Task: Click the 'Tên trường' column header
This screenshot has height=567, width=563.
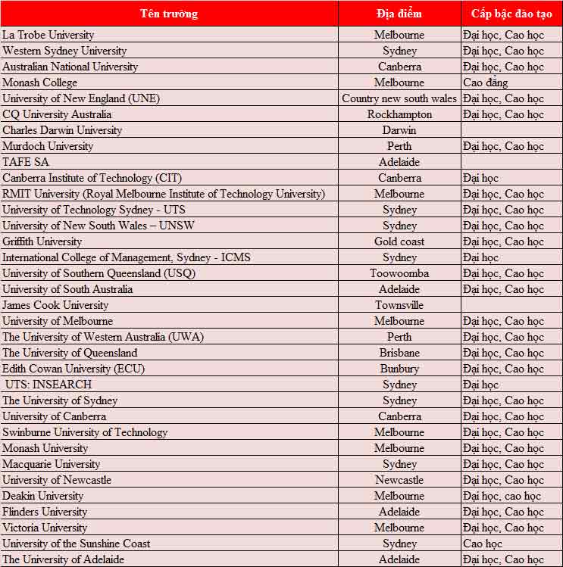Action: coord(169,14)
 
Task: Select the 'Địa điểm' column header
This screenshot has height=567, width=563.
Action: coord(399,14)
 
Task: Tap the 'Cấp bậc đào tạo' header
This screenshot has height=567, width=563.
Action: coord(511,14)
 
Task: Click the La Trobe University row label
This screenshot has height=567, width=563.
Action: coord(48,35)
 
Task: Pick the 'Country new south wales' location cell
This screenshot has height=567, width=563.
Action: coord(399,98)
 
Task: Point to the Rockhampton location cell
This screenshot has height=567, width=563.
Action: coord(399,114)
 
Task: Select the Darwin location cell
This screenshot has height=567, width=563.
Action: coord(399,130)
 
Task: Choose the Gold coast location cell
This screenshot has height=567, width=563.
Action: coord(399,241)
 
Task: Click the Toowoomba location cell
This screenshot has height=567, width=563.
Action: coord(399,273)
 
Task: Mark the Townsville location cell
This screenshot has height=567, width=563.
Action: coord(399,305)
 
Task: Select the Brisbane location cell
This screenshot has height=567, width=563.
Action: coord(399,353)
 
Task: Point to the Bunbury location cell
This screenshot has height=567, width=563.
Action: coord(399,369)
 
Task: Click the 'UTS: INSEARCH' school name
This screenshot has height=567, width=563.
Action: coord(48,385)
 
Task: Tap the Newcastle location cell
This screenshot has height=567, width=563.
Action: coord(399,480)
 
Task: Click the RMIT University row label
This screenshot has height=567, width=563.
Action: coord(164,194)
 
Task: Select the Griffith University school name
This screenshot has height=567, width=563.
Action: coord(42,241)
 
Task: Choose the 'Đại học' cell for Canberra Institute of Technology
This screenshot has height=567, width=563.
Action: coord(480,178)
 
